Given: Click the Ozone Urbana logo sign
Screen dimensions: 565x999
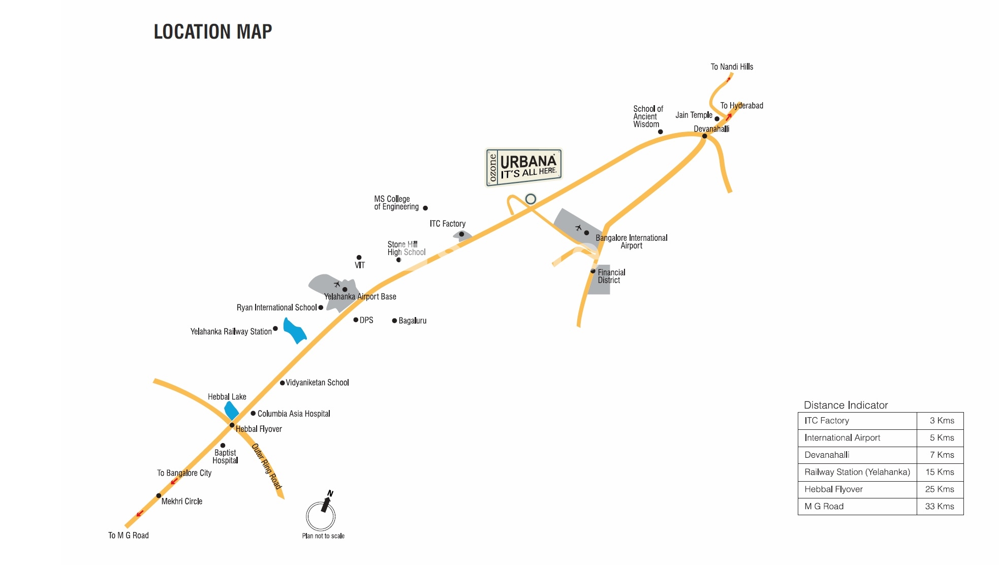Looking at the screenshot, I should [x=524, y=167].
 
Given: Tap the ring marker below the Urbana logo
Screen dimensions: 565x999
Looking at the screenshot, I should [x=530, y=199].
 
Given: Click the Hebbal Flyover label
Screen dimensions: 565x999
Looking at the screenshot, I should [x=259, y=429].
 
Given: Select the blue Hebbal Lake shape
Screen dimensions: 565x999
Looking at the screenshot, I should [x=231, y=410].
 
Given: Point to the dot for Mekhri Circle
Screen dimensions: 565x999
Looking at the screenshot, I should [x=159, y=495].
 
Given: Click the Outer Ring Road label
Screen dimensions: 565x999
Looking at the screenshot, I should [x=267, y=466].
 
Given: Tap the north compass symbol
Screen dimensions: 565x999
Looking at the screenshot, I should [x=321, y=515].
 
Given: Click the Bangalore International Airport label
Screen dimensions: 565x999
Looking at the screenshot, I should [x=631, y=241].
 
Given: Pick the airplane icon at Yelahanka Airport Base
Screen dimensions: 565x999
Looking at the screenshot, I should [x=337, y=284].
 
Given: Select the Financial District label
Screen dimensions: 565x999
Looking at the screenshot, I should [x=611, y=276].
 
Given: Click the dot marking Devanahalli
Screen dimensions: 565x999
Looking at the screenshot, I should [x=704, y=136].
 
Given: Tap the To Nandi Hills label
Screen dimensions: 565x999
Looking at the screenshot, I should [x=732, y=67].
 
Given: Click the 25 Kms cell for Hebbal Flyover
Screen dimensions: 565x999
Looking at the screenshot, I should [x=940, y=489].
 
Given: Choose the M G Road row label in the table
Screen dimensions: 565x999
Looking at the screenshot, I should [x=824, y=506].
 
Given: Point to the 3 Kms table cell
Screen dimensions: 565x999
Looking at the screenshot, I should [x=942, y=420].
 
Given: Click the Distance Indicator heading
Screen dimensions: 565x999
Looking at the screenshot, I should [x=846, y=405].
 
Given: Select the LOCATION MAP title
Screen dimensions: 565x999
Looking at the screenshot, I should [x=213, y=32].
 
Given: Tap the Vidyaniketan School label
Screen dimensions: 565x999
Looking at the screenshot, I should [x=317, y=383].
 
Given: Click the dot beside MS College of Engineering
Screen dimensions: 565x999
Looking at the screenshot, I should [x=425, y=208].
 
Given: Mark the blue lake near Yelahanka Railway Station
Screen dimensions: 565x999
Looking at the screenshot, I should [x=294, y=331].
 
